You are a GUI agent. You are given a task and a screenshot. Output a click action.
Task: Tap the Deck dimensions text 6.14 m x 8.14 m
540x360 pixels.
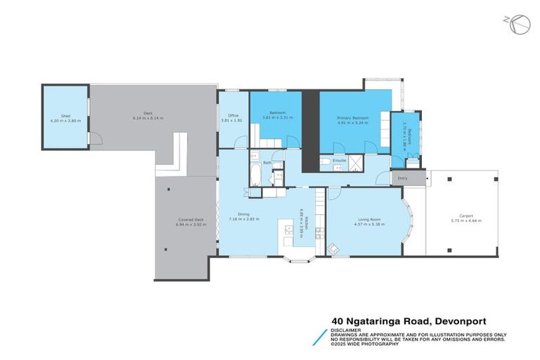click(148, 118)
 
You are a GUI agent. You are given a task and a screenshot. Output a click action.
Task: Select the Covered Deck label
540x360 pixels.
click(190, 221)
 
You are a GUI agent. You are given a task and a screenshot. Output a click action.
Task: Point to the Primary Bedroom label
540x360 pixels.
click(353, 117)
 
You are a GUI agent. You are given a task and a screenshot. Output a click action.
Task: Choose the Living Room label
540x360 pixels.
click(364, 219)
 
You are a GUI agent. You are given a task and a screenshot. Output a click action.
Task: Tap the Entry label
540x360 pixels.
click(402, 179)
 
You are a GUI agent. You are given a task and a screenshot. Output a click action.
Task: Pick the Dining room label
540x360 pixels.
click(244, 214)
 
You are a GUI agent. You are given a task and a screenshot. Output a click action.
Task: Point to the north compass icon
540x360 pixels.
click(518, 23)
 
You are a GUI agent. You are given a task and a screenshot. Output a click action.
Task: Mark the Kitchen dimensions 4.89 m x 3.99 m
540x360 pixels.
click(301, 226)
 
